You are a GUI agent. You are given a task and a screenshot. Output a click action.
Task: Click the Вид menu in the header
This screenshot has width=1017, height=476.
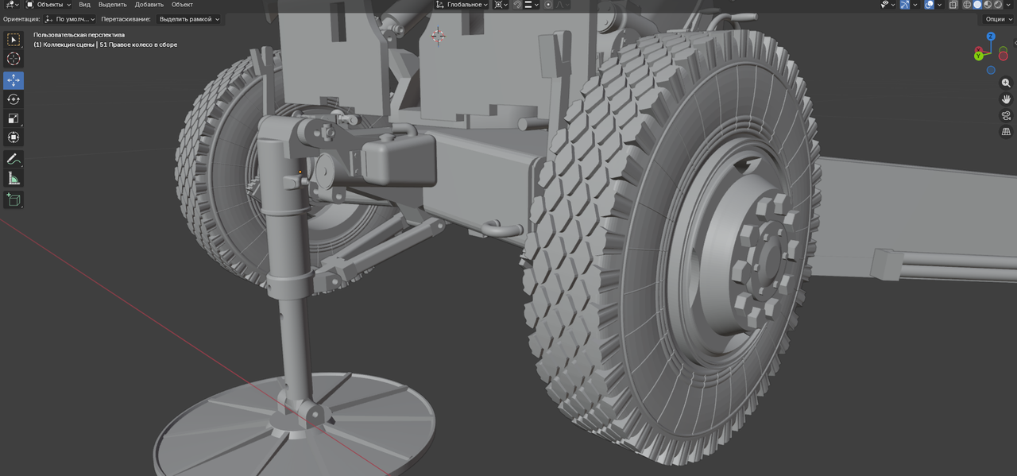pos(84,5)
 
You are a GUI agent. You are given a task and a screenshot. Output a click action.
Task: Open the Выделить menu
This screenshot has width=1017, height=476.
pos(112,5)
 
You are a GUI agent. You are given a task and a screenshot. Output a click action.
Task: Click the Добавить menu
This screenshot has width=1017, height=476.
pos(149,5)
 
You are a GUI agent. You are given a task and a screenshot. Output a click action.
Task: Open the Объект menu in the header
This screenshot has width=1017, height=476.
pos(182,5)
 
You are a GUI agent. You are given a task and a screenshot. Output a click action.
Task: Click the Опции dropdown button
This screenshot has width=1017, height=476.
pos(999,19)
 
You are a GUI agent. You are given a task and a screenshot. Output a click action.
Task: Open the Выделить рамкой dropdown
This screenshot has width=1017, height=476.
pos(189,19)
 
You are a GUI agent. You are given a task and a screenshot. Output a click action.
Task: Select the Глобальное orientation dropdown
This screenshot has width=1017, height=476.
pos(462,5)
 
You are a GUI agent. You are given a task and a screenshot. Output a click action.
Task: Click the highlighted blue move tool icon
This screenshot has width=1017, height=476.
pos(14,80)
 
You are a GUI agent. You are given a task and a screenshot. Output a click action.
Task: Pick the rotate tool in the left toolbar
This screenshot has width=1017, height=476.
pos(14,99)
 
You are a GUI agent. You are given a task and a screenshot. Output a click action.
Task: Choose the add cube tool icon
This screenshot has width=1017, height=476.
pos(14,199)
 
